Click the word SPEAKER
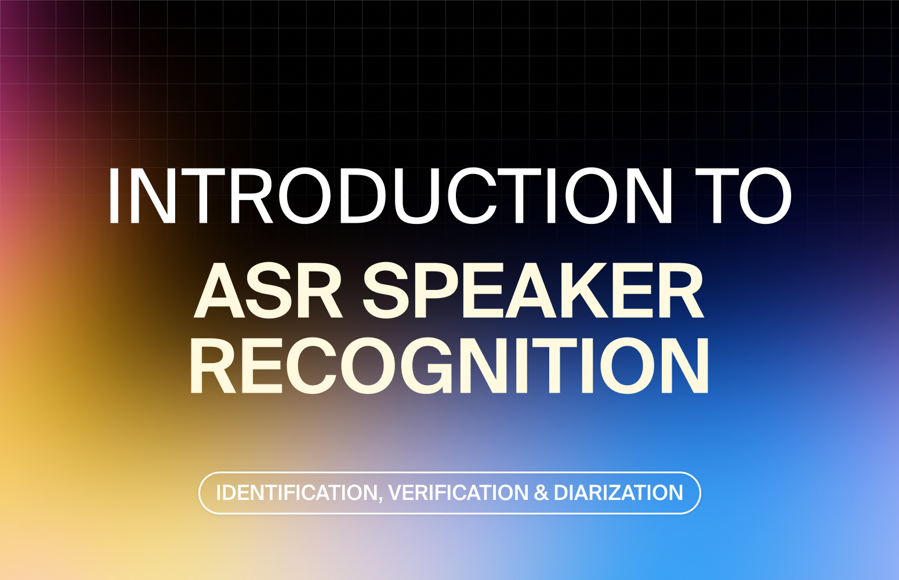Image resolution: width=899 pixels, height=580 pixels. tap(534, 289)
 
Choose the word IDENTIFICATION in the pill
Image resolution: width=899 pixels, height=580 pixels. tap(296, 493)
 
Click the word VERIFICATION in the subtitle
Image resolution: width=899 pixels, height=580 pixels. tap(458, 493)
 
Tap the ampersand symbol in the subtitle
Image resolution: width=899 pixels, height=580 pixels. tap(541, 493)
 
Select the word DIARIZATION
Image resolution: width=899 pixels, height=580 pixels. tap(618, 493)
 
